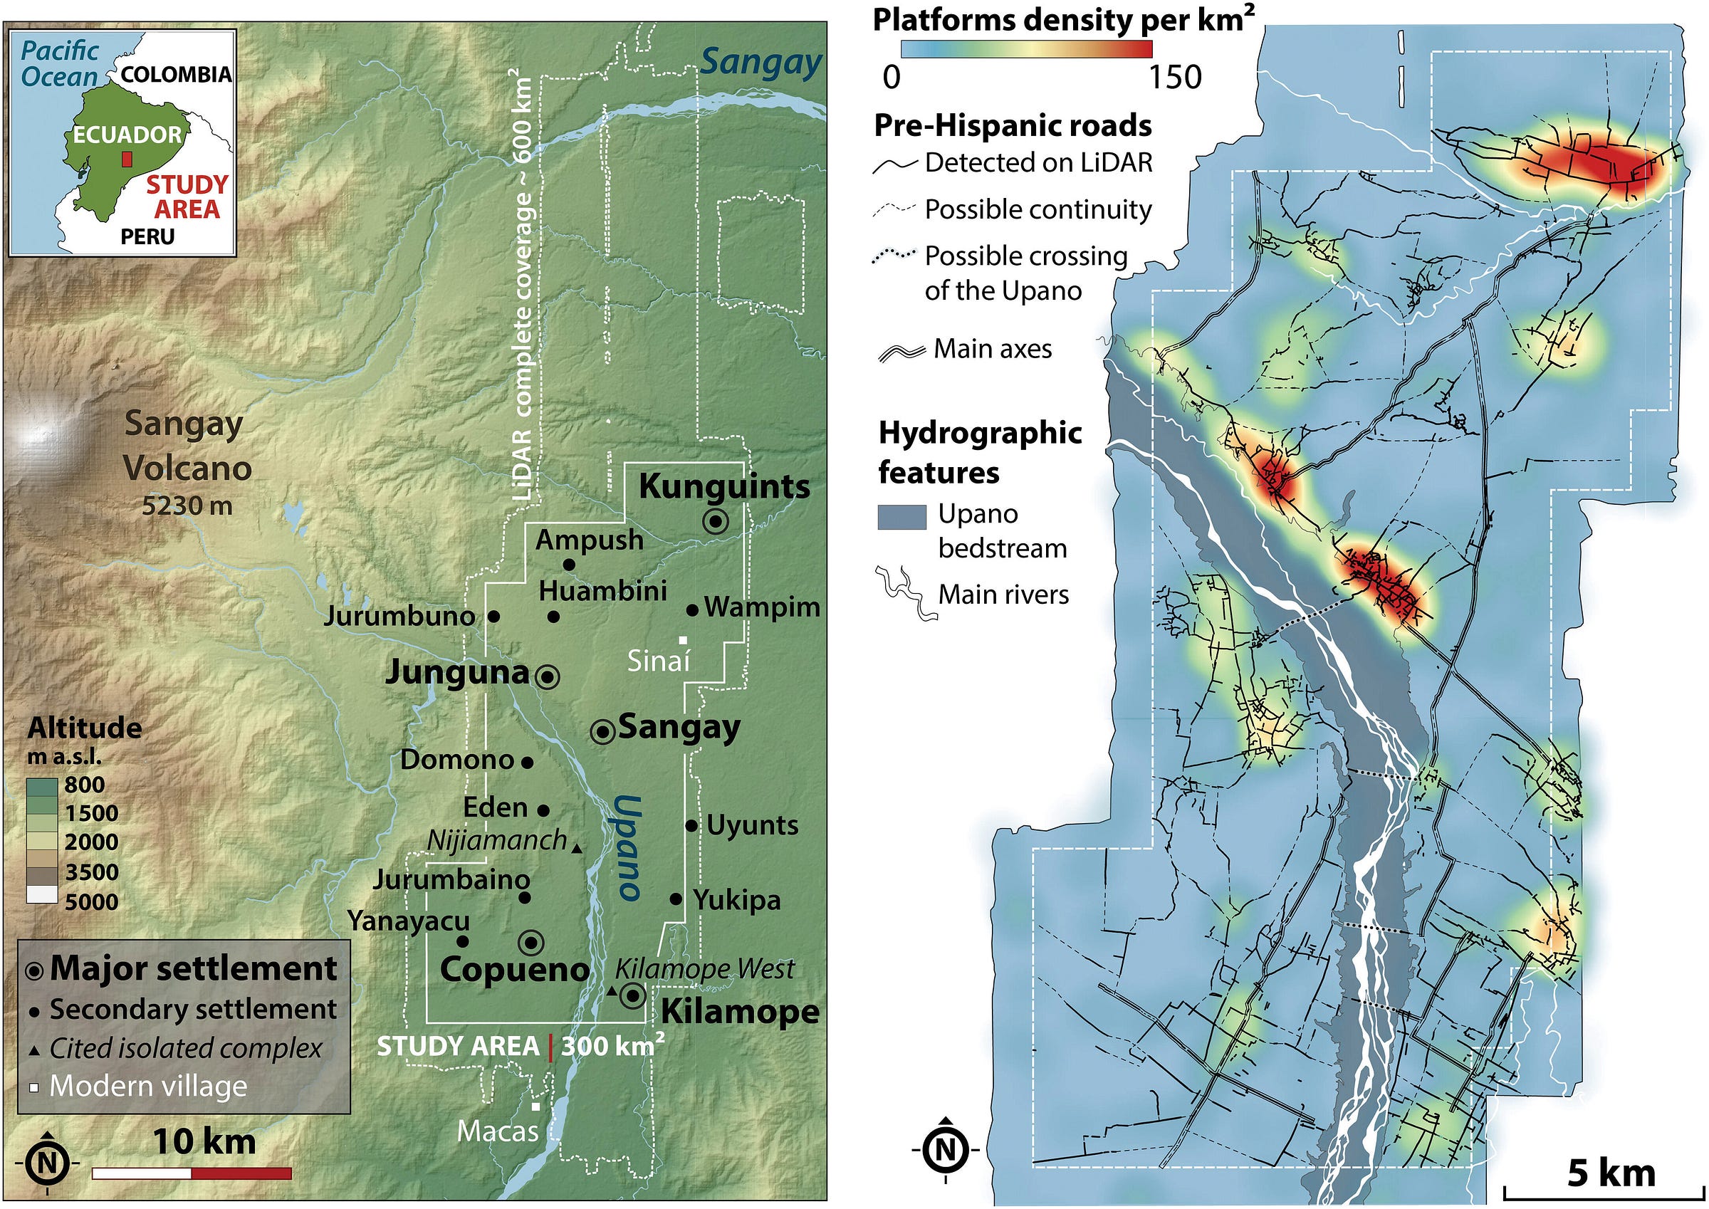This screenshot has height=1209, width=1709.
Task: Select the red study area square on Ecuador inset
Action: click(x=127, y=159)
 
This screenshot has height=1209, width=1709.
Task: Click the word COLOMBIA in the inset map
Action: click(x=176, y=75)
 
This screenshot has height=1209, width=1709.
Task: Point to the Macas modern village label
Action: click(x=497, y=1131)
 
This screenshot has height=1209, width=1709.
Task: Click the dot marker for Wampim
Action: click(x=692, y=610)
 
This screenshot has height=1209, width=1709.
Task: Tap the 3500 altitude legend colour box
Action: click(x=42, y=872)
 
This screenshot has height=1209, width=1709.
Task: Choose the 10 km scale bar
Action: click(x=192, y=1173)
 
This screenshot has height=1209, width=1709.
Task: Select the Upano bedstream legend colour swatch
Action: click(x=901, y=517)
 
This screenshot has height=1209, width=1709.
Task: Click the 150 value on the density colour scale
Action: click(x=1174, y=78)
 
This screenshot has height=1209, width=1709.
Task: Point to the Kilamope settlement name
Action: click(x=740, y=1012)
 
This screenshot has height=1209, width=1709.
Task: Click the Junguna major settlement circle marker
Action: click(x=548, y=676)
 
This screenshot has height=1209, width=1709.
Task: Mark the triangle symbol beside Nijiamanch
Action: click(x=577, y=848)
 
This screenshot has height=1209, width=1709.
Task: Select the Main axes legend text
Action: click(x=992, y=348)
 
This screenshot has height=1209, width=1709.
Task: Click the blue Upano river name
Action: click(x=627, y=847)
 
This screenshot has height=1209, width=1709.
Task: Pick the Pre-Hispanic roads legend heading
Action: click(x=1013, y=125)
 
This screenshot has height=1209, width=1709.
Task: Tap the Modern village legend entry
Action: click(x=147, y=1086)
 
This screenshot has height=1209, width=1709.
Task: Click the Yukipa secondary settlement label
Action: click(x=737, y=900)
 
